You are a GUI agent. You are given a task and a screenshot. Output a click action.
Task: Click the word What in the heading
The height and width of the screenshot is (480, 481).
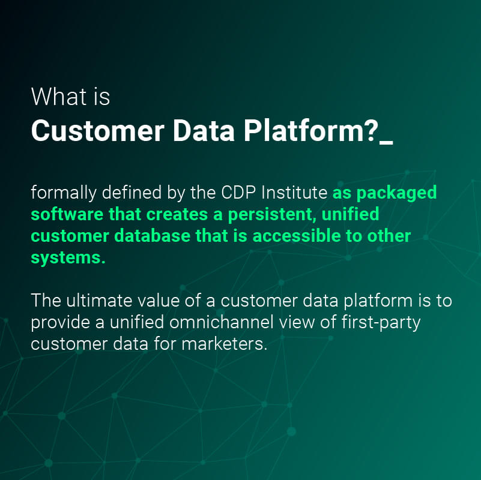pos(59,97)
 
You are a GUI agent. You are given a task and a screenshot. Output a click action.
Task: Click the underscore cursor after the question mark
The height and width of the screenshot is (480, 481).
pos(386,142)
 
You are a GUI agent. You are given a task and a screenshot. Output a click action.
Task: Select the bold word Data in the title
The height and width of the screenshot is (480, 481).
pos(204,131)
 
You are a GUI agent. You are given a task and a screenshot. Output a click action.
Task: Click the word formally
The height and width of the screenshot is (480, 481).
pos(64,193)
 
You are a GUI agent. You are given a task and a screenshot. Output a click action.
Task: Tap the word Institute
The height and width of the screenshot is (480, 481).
pos(294,193)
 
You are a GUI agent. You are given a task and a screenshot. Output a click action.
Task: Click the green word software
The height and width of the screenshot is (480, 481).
pos(67,214)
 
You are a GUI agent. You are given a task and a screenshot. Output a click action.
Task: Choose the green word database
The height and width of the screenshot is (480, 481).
pos(152,236)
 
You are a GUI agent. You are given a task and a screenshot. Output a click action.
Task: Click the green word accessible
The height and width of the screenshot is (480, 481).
pos(297,236)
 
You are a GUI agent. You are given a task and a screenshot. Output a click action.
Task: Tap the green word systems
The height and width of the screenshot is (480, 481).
pos(68,259)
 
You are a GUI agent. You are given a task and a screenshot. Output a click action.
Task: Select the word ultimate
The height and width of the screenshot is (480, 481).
pos(99,301)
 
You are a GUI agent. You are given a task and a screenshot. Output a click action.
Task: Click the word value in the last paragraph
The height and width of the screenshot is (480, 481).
pos(159,301)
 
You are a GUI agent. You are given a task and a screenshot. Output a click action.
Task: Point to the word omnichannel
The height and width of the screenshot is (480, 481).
pos(221,322)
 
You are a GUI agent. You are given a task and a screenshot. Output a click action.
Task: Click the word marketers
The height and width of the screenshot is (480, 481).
pos(225,344)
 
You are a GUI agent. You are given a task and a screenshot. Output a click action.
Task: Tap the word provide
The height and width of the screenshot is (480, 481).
pos(61,323)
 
